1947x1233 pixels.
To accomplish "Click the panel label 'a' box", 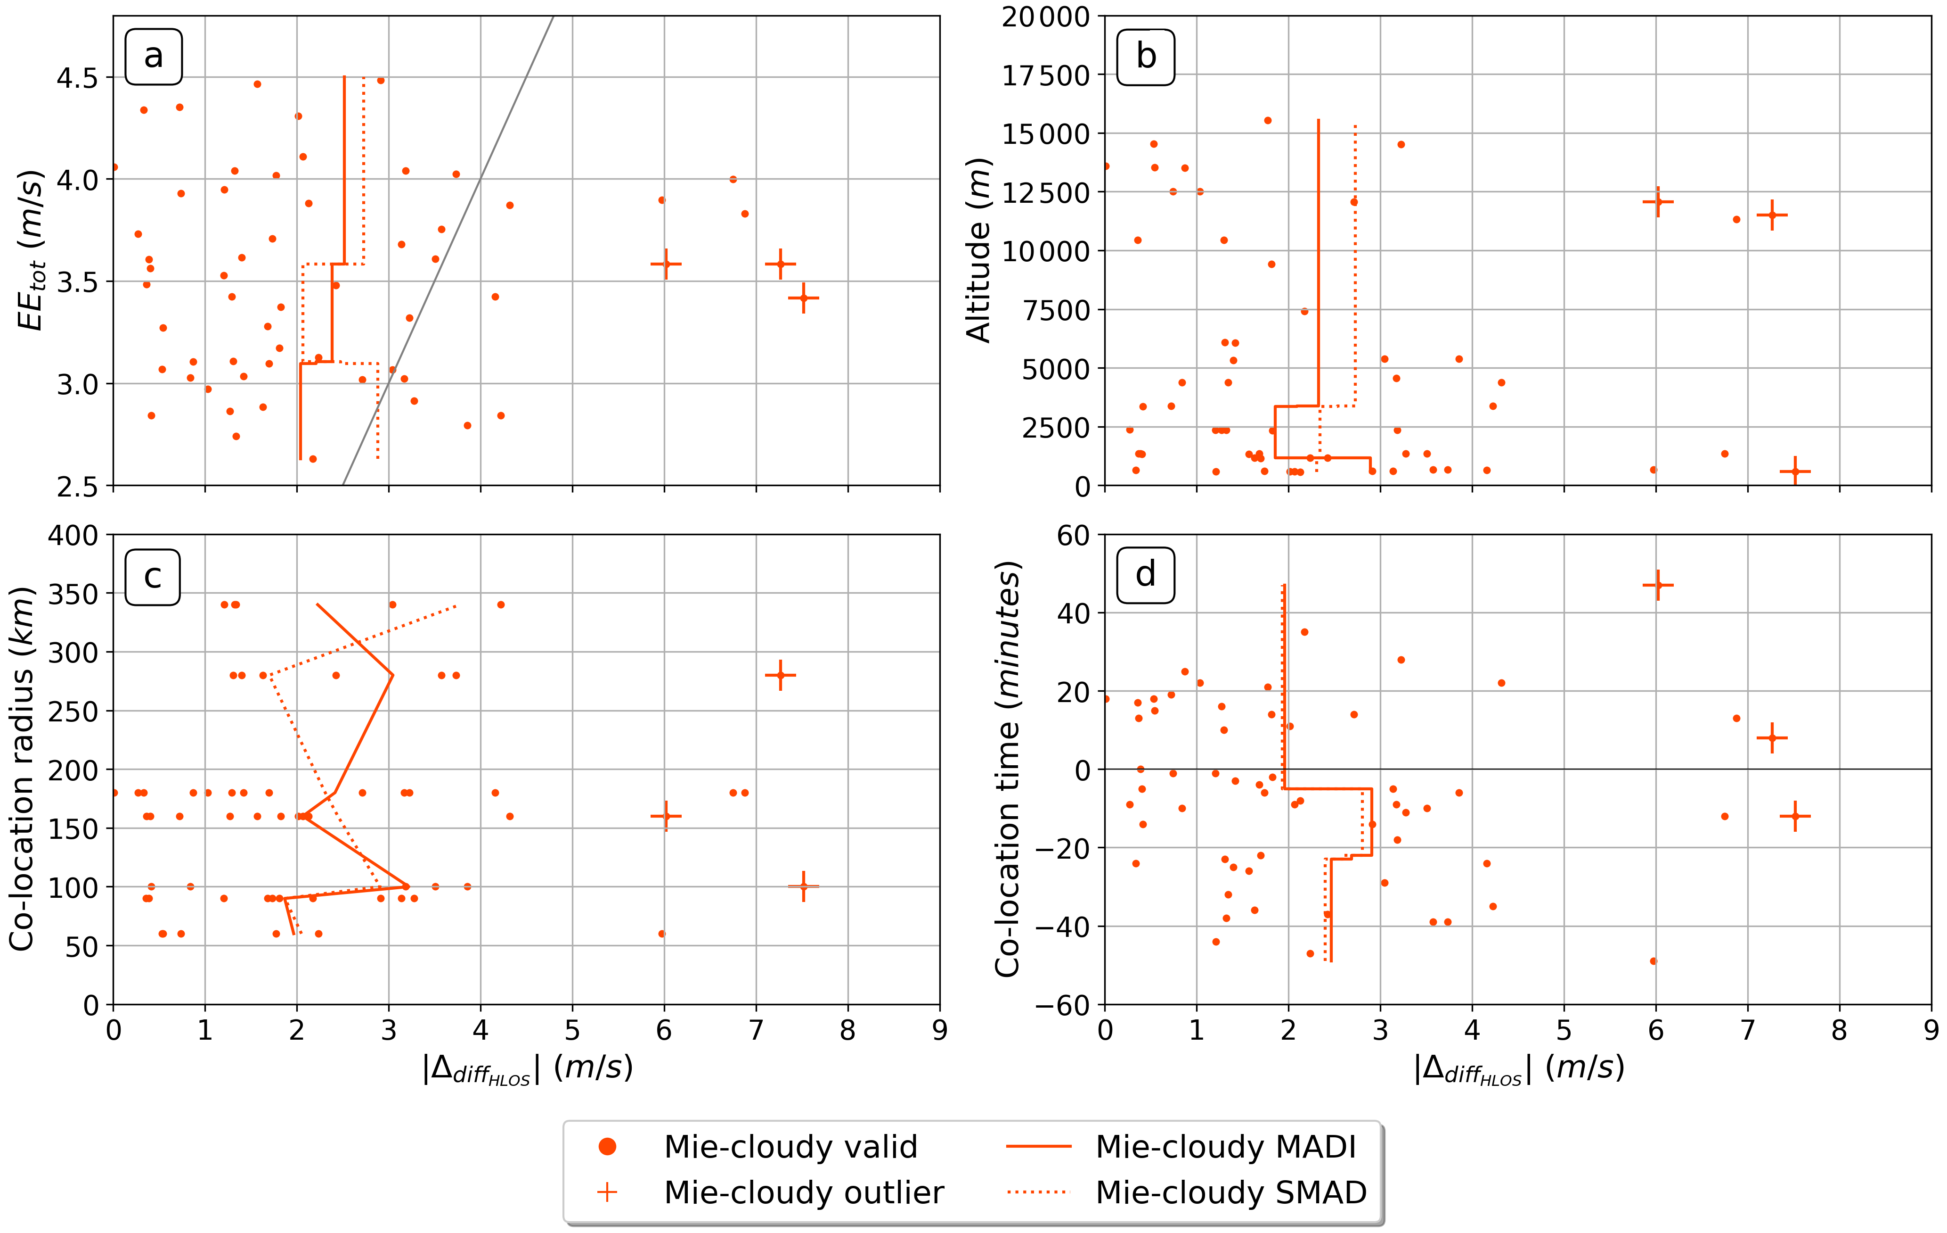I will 154,57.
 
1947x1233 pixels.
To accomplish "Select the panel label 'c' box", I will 153,577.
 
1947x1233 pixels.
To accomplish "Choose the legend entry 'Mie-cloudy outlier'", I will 803,1192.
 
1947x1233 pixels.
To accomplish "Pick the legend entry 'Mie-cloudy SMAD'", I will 1230,1192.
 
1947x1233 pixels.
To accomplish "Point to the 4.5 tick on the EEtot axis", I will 77,78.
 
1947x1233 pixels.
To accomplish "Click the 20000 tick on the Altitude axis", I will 1045,16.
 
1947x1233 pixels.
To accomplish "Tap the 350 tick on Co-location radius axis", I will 73,594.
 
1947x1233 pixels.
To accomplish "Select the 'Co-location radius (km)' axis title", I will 22,769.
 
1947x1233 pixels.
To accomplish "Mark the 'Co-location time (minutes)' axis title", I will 1008,769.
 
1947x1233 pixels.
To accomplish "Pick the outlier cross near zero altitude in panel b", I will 1795,471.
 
